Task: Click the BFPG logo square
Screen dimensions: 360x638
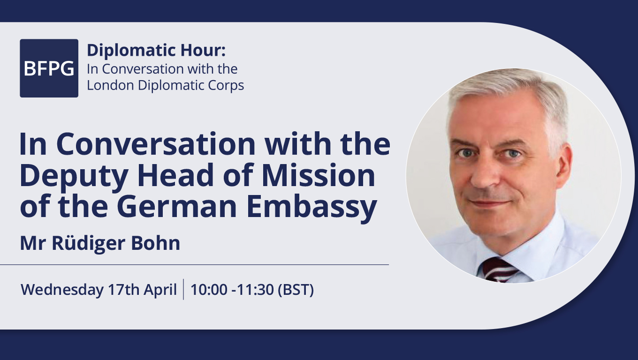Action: point(49,68)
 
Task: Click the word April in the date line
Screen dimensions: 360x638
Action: point(160,290)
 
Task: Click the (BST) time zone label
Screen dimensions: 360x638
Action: point(296,290)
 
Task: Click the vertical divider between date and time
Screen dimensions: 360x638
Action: point(183,289)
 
